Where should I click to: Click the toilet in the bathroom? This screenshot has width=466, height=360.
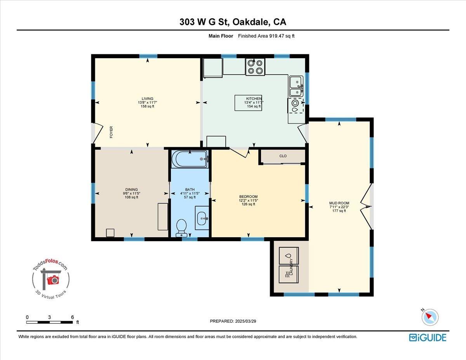181,228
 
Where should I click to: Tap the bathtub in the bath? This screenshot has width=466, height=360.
190,159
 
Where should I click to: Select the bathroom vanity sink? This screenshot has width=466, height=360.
202,218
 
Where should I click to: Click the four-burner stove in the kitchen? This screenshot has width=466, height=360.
255,67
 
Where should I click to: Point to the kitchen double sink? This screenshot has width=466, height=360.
296,86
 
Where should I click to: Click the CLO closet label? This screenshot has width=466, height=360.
283,156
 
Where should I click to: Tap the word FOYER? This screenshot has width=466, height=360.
111,132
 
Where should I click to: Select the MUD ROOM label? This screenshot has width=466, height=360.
339,203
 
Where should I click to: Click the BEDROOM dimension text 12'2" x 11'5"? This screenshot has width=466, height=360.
248,200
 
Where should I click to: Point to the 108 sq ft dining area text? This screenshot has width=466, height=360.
132,197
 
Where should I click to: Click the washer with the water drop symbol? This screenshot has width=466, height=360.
289,256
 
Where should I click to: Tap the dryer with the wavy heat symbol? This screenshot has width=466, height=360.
289,275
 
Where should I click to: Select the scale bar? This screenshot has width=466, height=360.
49,322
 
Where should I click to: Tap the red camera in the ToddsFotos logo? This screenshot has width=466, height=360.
53,280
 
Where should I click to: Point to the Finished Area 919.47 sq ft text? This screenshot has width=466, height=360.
266,36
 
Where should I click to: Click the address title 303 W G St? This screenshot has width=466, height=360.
204,22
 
